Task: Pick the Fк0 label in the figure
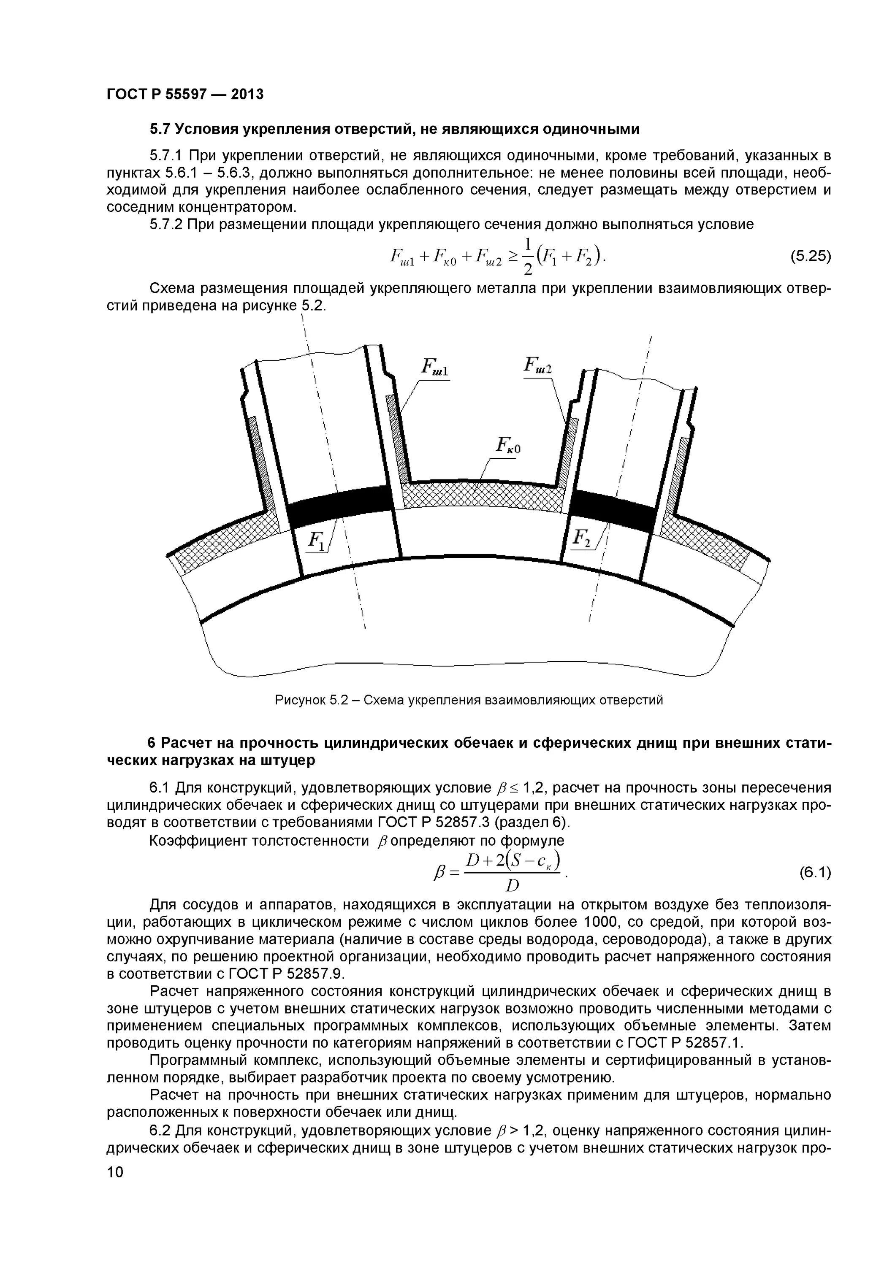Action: pyautogui.click(x=508, y=446)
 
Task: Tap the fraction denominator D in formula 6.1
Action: pyautogui.click(x=512, y=887)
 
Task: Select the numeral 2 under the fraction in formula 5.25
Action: pyautogui.click(x=528, y=270)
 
